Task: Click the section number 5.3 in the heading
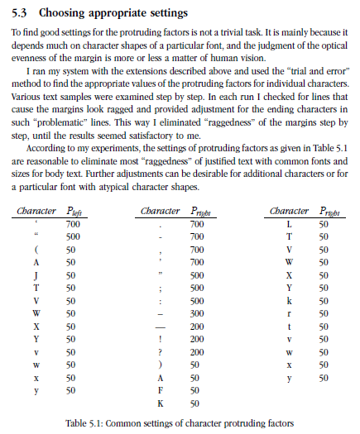click(x=23, y=13)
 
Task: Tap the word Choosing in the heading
click(x=66, y=13)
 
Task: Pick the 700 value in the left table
click(x=72, y=224)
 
